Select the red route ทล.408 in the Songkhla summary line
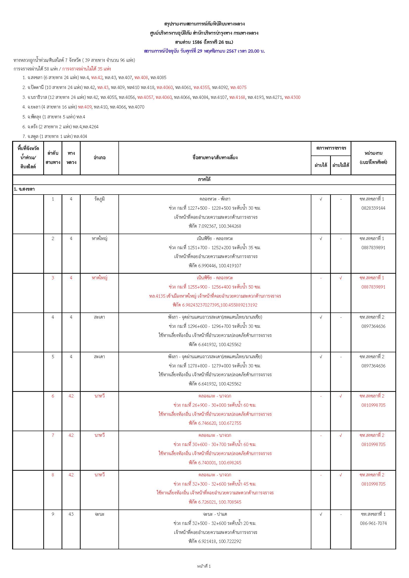click(141, 78)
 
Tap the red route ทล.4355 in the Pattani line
click(202, 88)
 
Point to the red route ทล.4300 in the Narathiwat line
click(292, 97)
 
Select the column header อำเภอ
click(99, 158)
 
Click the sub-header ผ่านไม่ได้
click(341, 165)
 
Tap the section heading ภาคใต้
click(204, 179)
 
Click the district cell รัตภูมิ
click(99, 199)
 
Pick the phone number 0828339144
click(373, 208)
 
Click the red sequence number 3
click(53, 278)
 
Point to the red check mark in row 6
click(341, 396)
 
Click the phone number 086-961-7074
click(373, 523)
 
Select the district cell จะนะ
click(99, 514)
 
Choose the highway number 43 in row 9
click(71, 514)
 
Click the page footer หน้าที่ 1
click(204, 566)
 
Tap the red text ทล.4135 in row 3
click(157, 296)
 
